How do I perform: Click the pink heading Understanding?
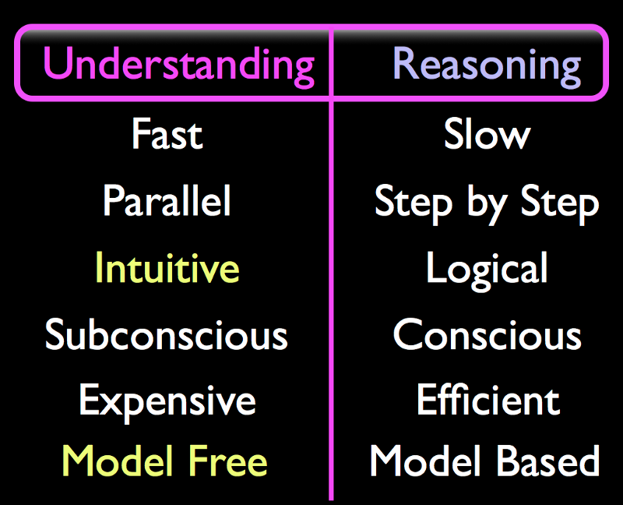(x=179, y=66)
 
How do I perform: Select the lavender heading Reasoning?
(x=487, y=66)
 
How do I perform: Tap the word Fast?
(x=167, y=134)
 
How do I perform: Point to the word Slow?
(x=487, y=134)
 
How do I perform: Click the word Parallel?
(x=167, y=201)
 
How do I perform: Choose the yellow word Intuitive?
(x=167, y=267)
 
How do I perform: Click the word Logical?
(x=487, y=270)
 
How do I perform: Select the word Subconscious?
(x=166, y=334)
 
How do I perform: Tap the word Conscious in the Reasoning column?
(x=487, y=334)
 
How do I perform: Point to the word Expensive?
(x=167, y=402)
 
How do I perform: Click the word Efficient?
(x=488, y=399)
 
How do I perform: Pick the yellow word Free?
(x=227, y=461)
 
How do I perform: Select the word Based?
(x=548, y=461)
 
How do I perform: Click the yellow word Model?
(x=118, y=460)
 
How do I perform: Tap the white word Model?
(x=425, y=460)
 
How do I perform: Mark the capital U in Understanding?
(x=56, y=63)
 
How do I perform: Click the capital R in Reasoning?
(x=404, y=63)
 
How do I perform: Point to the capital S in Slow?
(x=454, y=134)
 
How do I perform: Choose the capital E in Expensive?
(x=89, y=400)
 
